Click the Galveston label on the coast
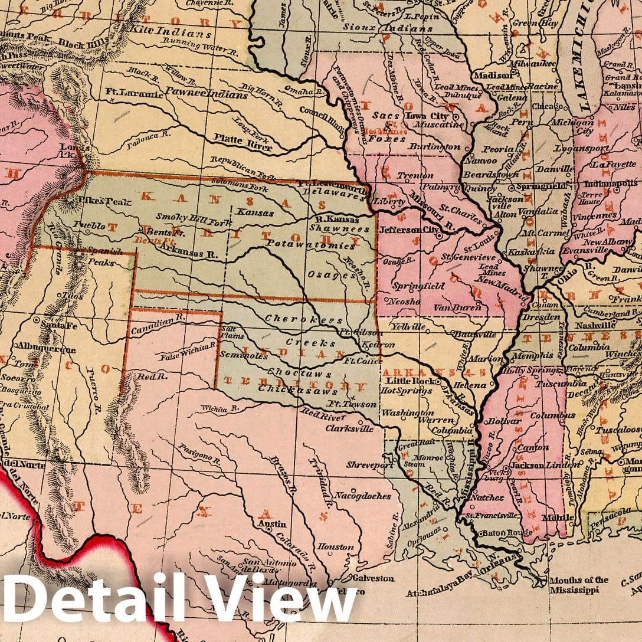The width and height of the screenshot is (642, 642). (x=372, y=578)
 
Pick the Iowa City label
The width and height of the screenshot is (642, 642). (x=437, y=116)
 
